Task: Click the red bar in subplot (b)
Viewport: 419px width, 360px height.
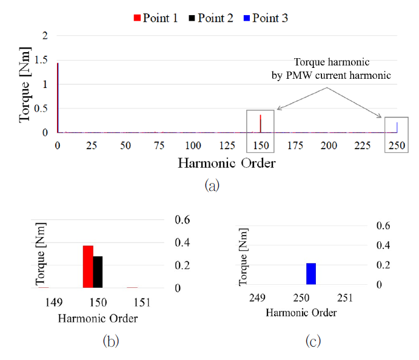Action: (x=88, y=267)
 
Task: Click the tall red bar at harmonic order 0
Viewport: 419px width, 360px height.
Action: (x=58, y=98)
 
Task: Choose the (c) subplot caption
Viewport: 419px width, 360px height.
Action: (x=313, y=342)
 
